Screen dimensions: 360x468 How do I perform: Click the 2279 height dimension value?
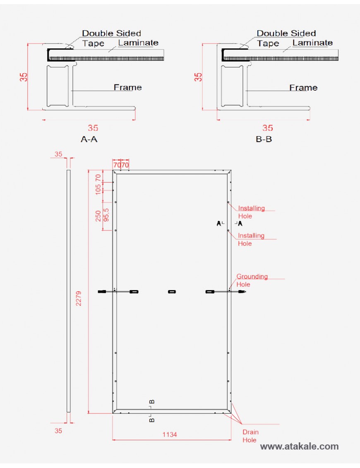[x=79, y=298]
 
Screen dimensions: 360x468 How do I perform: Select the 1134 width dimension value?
[x=170, y=434]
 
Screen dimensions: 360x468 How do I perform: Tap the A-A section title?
[x=89, y=139]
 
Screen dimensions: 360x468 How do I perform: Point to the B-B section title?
[x=264, y=139]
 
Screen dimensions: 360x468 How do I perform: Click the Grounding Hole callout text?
[x=252, y=280]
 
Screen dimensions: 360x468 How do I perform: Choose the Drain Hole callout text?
[x=250, y=436]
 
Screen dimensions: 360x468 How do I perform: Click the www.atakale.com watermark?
[x=300, y=446]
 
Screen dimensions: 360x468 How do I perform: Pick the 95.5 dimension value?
[x=106, y=215]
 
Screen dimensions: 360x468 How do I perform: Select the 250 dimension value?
[x=98, y=216]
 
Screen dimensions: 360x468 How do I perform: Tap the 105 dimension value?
[x=98, y=190]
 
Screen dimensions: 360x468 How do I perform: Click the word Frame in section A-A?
[x=127, y=87]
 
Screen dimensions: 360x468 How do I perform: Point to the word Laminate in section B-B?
[x=312, y=43]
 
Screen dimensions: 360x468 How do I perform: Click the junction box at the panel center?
[x=172, y=292]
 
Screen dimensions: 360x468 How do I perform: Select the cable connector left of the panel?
[x=102, y=292]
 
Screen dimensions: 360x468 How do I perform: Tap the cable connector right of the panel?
[x=242, y=292]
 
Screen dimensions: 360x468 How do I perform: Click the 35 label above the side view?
[x=58, y=154]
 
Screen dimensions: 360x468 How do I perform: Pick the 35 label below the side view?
[x=58, y=431]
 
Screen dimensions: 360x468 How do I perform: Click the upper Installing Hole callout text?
[x=251, y=212]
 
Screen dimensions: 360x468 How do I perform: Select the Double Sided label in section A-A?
[x=111, y=33]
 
